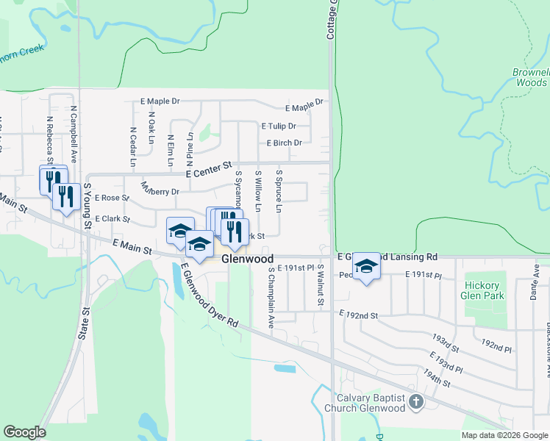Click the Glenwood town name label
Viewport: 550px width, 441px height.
tap(248, 259)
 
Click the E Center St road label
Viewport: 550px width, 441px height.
tap(209, 170)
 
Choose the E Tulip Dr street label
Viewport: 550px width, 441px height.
tap(278, 126)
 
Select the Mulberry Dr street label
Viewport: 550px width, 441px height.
tap(160, 188)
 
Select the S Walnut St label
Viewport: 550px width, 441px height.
tap(321, 286)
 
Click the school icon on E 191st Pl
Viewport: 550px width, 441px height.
tap(365, 266)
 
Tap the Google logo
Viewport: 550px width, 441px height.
tap(24, 432)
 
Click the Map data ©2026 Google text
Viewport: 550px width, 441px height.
tap(504, 435)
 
